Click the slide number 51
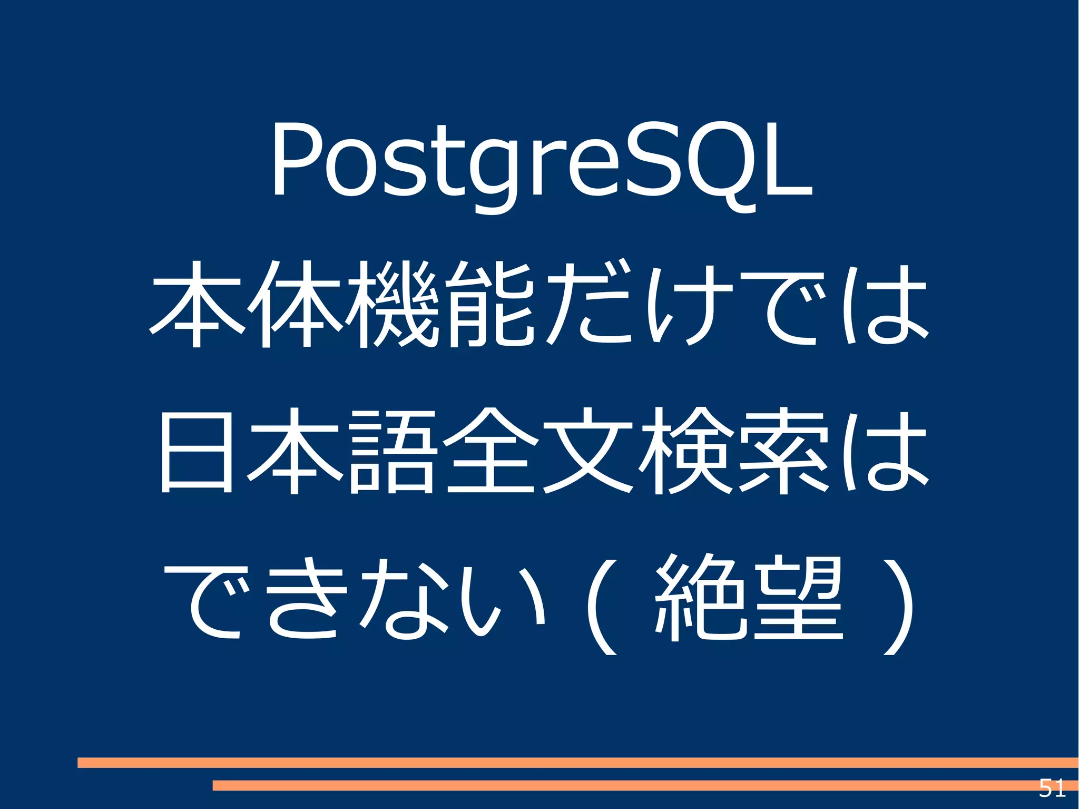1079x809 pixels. pyautogui.click(x=1052, y=788)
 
